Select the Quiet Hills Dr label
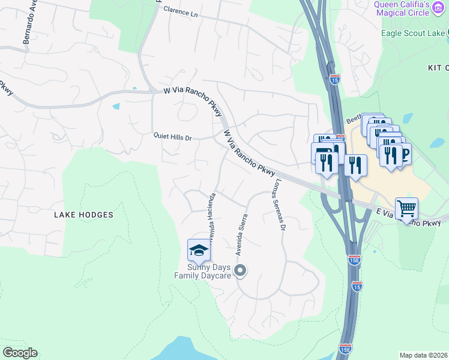[172, 137]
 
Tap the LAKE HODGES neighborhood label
[83, 214]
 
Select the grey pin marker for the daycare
[240, 271]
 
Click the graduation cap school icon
[199, 249]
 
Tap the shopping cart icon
[406, 209]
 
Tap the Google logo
[20, 353]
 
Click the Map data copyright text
[423, 355]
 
